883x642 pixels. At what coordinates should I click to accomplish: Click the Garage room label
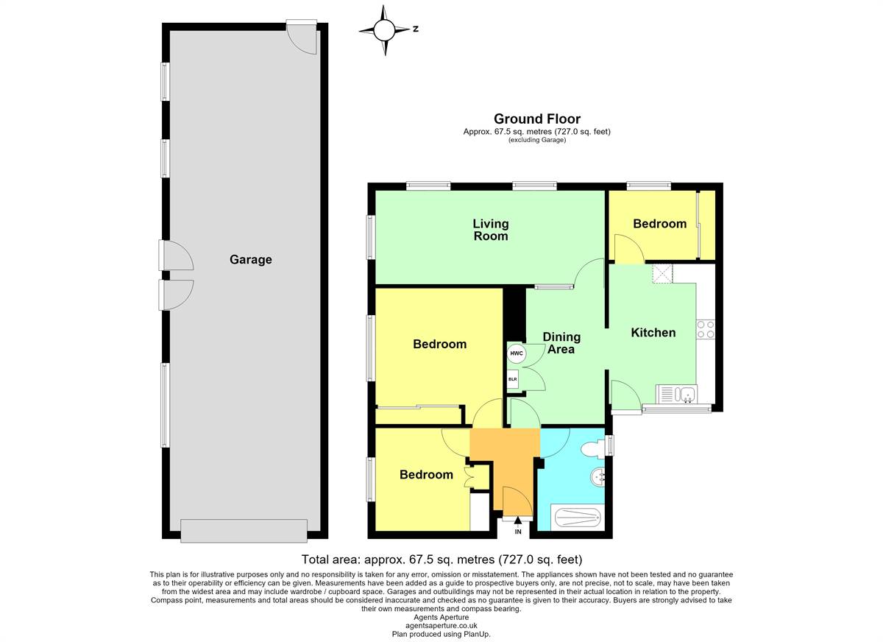pyautogui.click(x=251, y=259)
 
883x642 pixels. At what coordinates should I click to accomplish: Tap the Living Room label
pyautogui.click(x=491, y=230)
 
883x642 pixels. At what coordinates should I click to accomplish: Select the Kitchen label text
pyautogui.click(x=653, y=333)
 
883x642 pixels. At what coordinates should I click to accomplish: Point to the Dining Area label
pyautogui.click(x=561, y=342)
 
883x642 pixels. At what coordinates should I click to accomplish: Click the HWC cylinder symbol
pyautogui.click(x=517, y=353)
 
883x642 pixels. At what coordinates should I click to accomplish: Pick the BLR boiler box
pyautogui.click(x=512, y=379)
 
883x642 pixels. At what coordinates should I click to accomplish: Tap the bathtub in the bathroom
pyautogui.click(x=578, y=517)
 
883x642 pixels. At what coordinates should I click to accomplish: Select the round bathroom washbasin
pyautogui.click(x=598, y=478)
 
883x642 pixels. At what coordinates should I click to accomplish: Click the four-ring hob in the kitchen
pyautogui.click(x=706, y=330)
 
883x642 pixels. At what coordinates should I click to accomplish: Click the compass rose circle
pyautogui.click(x=384, y=30)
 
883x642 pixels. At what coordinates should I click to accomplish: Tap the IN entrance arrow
pyautogui.click(x=518, y=521)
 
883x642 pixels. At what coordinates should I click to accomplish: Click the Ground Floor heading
pyautogui.click(x=537, y=119)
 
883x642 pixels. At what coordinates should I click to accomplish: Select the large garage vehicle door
pyautogui.click(x=244, y=530)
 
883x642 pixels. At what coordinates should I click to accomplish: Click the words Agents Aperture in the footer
pyautogui.click(x=441, y=617)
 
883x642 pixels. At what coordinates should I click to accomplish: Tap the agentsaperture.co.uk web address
pyautogui.click(x=441, y=626)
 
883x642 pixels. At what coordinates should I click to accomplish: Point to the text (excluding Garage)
pyautogui.click(x=537, y=140)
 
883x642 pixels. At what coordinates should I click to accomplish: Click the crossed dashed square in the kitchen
pyautogui.click(x=663, y=274)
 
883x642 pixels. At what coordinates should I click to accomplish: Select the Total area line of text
pyautogui.click(x=441, y=560)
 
